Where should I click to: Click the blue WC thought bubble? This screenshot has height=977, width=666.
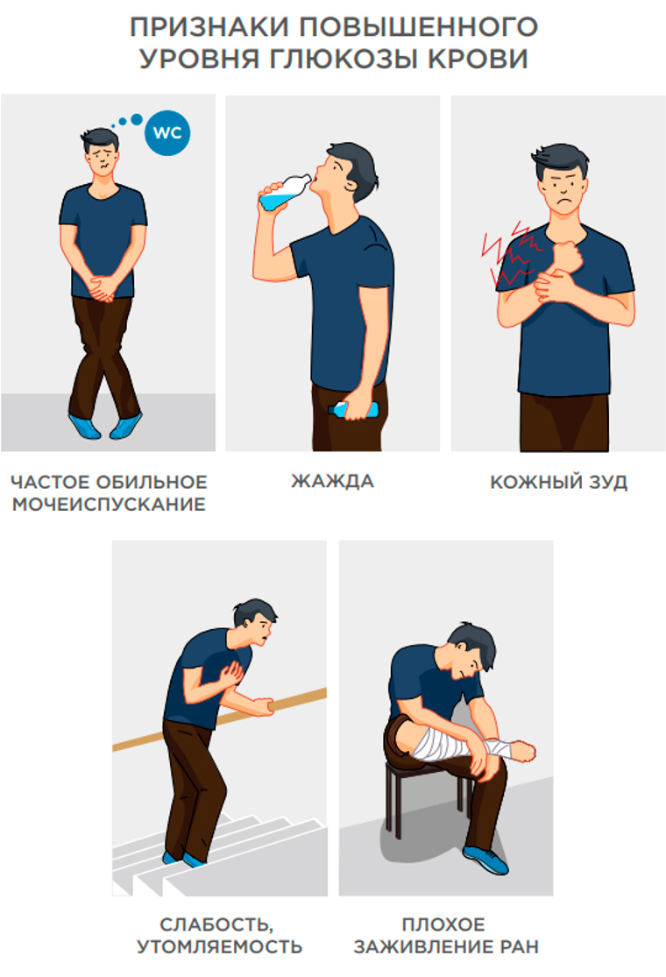click(x=167, y=132)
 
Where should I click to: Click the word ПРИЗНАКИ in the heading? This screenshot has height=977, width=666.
click(x=209, y=27)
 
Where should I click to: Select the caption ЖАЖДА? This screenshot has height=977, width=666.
click(x=333, y=481)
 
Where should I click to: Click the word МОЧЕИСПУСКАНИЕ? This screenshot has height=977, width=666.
click(x=109, y=504)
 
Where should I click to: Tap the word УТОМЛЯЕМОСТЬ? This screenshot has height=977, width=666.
click(x=219, y=946)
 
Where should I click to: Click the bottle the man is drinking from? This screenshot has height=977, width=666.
click(x=284, y=192)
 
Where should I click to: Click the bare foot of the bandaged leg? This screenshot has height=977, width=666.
click(x=522, y=750)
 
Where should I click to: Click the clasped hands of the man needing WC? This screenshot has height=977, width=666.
click(x=103, y=288)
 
